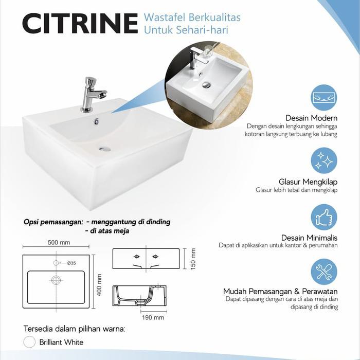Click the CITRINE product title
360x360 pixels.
point(80,24)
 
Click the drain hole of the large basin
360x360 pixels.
point(104,149)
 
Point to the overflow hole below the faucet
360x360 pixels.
point(96,122)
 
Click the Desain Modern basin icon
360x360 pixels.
point(324,98)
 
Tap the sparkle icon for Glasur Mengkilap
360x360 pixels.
point(324,160)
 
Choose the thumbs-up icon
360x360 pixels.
point(324,217)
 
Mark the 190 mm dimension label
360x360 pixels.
point(153,317)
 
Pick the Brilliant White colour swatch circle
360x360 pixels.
point(29,342)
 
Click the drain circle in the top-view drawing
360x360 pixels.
point(56,280)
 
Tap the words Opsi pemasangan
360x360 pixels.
point(53,222)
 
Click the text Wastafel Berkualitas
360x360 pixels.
point(192,18)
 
